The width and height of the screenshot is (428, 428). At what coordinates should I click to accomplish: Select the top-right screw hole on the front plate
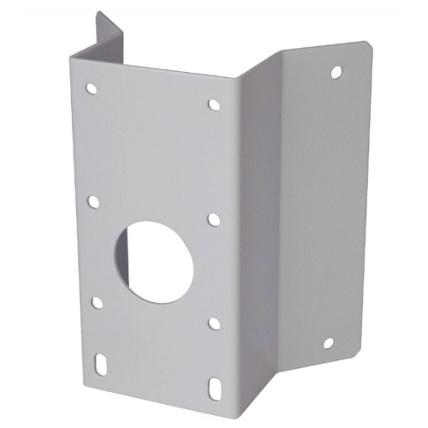click(214, 104)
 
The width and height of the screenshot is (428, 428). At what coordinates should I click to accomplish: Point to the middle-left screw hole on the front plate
click(93, 202)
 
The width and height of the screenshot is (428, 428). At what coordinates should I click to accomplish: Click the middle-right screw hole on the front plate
click(214, 219)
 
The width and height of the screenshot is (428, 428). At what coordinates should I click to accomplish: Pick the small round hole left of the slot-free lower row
click(97, 301)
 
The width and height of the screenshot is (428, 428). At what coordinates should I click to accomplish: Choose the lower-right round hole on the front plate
click(213, 324)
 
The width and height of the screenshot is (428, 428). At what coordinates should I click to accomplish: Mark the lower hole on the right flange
click(327, 344)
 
